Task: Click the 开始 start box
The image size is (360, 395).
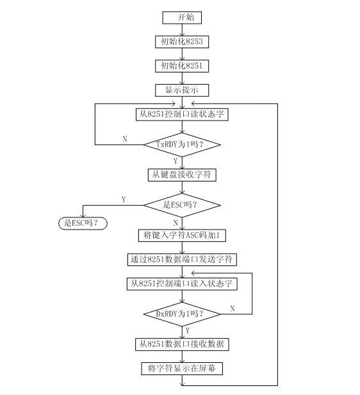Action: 182,18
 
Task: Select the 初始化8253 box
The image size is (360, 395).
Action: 182,42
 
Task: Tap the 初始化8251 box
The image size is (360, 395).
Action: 182,66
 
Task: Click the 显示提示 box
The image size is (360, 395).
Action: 182,90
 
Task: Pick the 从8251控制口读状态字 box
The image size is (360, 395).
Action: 182,114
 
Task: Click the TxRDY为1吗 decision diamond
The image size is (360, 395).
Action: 182,145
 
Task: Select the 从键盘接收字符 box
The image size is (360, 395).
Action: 182,175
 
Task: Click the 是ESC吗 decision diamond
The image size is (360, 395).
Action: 182,205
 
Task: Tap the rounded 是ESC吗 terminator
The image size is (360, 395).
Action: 83,223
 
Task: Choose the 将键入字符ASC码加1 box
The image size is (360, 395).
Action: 182,235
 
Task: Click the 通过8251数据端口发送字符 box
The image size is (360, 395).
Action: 182,260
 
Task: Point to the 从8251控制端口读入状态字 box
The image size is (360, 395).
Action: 182,284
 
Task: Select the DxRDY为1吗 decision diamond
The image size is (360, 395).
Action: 182,314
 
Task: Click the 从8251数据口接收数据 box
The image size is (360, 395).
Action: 182,344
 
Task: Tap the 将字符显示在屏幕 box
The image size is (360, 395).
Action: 182,369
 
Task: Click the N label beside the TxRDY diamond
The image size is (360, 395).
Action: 125,139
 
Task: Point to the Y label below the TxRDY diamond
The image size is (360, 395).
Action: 176,161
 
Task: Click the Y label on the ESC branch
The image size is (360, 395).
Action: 124,200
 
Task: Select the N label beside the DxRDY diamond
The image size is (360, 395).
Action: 233,308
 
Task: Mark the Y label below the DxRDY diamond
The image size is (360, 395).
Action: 188,331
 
